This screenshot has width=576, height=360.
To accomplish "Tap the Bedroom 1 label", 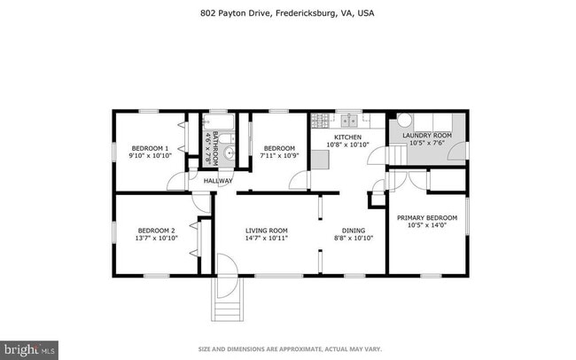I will tap(150, 148).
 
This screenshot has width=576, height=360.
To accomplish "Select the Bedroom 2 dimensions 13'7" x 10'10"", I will tap(156, 238).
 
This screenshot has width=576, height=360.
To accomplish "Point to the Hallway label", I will tap(217, 181).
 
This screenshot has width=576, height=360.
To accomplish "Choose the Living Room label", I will tap(267, 231).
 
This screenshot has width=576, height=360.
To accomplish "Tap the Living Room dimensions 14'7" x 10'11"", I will tap(267, 238).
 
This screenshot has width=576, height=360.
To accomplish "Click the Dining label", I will tap(353, 231).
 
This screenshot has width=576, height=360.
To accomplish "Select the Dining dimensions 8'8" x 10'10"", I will tap(353, 238).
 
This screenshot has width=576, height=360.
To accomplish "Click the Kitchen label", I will tap(348, 137).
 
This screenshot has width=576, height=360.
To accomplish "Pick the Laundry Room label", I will tap(427, 135).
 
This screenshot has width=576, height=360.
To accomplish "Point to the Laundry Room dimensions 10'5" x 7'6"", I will tap(427, 142).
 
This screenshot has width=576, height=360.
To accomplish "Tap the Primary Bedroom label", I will tap(426, 217).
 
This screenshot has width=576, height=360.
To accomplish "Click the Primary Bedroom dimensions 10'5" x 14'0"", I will tap(426, 224).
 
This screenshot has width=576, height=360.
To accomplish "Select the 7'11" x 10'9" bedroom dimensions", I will tap(277, 156).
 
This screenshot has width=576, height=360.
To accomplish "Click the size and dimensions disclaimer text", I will tap(287, 348).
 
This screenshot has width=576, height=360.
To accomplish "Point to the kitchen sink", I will tap(346, 120).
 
